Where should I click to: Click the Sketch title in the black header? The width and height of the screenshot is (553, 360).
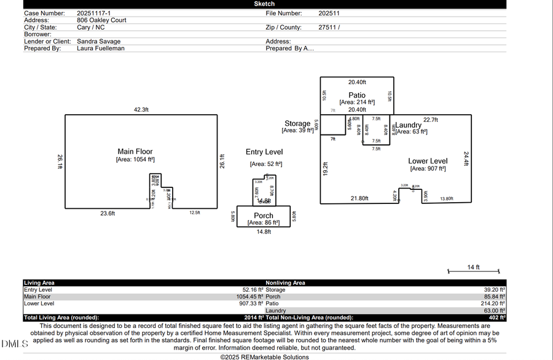pyautogui.click(x=264, y=4)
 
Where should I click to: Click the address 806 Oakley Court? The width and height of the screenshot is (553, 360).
pyautogui.click(x=101, y=20)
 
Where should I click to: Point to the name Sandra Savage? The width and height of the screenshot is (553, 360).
pyautogui.click(x=98, y=41)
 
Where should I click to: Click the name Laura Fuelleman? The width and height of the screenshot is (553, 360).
pyautogui.click(x=101, y=48)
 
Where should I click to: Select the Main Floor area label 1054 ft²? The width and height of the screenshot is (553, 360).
pyautogui.click(x=135, y=160)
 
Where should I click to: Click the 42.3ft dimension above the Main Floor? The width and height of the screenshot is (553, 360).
pyautogui.click(x=142, y=110)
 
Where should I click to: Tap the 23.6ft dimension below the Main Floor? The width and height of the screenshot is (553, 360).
pyautogui.click(x=108, y=213)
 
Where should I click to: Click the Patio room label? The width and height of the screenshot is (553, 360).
pyautogui.click(x=357, y=95)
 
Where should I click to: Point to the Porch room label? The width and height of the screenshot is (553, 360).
pyautogui.click(x=264, y=216)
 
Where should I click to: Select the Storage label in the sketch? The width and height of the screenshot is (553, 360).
pyautogui.click(x=297, y=123)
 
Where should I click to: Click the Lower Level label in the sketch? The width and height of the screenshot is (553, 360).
pyautogui.click(x=428, y=161)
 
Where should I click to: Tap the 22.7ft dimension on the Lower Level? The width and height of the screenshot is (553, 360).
pyautogui.click(x=430, y=120)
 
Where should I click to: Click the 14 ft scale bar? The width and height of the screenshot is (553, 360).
pyautogui.click(x=473, y=271)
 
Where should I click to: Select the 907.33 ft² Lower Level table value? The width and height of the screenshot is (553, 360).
pyautogui.click(x=246, y=303)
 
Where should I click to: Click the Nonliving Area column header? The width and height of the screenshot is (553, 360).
pyautogui.click(x=285, y=283)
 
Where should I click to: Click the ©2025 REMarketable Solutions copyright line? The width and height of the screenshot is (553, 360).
pyautogui.click(x=264, y=357)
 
